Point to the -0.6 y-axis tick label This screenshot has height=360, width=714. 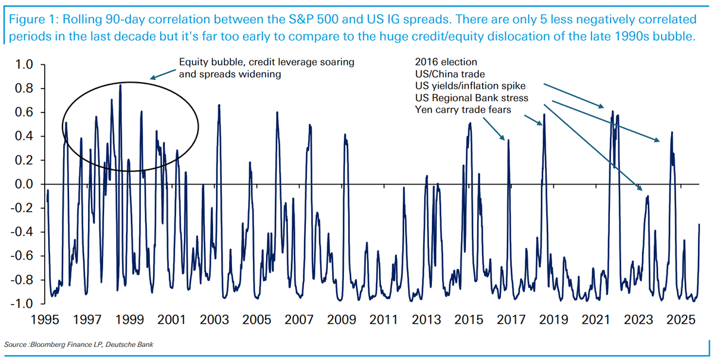(x=28, y=256)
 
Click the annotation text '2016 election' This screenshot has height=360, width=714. (x=445, y=62)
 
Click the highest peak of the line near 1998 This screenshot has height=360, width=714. (x=121, y=84)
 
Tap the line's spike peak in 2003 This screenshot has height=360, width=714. (x=219, y=105)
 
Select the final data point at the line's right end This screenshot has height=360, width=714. (x=699, y=224)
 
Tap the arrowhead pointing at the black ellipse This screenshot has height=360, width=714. (x=152, y=78)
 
